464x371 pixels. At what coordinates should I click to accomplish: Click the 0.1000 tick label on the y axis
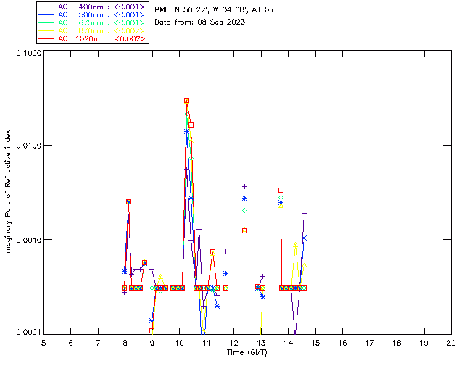(x=28, y=54)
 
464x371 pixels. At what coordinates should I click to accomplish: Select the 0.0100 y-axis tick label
(x=28, y=146)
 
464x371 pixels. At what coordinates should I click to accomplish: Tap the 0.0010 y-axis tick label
(x=28, y=240)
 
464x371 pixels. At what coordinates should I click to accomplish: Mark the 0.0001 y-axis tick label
(x=28, y=333)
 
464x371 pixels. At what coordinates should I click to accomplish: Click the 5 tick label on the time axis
(x=43, y=342)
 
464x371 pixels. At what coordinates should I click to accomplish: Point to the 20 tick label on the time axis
(x=451, y=342)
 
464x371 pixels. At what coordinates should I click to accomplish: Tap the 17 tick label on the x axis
(x=370, y=342)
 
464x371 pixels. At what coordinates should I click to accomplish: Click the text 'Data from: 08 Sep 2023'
(x=200, y=22)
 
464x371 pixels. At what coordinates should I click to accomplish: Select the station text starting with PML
(x=215, y=10)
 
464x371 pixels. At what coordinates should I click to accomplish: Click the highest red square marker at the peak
(x=186, y=101)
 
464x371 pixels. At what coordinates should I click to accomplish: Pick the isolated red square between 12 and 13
(x=244, y=230)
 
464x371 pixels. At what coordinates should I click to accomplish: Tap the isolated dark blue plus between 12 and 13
(x=244, y=187)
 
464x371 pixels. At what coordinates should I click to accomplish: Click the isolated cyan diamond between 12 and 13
(x=244, y=210)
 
